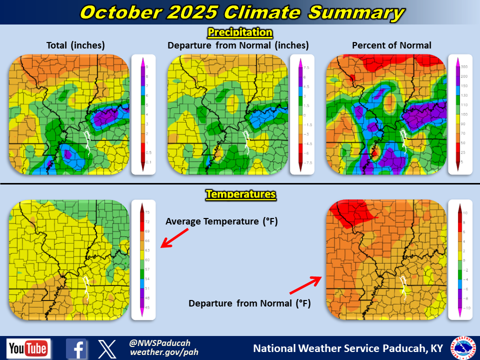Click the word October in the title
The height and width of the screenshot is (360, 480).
click(x=116, y=12)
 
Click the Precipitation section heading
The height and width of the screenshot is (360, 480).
click(x=240, y=33)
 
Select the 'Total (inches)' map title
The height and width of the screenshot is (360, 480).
click(x=75, y=45)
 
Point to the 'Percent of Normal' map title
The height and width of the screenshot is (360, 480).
click(x=391, y=45)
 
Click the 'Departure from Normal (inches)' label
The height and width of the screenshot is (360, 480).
click(x=238, y=45)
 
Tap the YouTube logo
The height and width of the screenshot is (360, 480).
click(x=28, y=348)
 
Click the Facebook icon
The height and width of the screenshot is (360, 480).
click(x=76, y=348)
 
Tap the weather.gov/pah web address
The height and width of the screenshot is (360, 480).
click(x=157, y=352)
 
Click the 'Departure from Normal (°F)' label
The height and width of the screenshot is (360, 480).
click(x=249, y=303)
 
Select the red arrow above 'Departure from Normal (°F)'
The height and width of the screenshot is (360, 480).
click(x=305, y=285)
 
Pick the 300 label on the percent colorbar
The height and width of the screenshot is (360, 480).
click(x=464, y=66)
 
